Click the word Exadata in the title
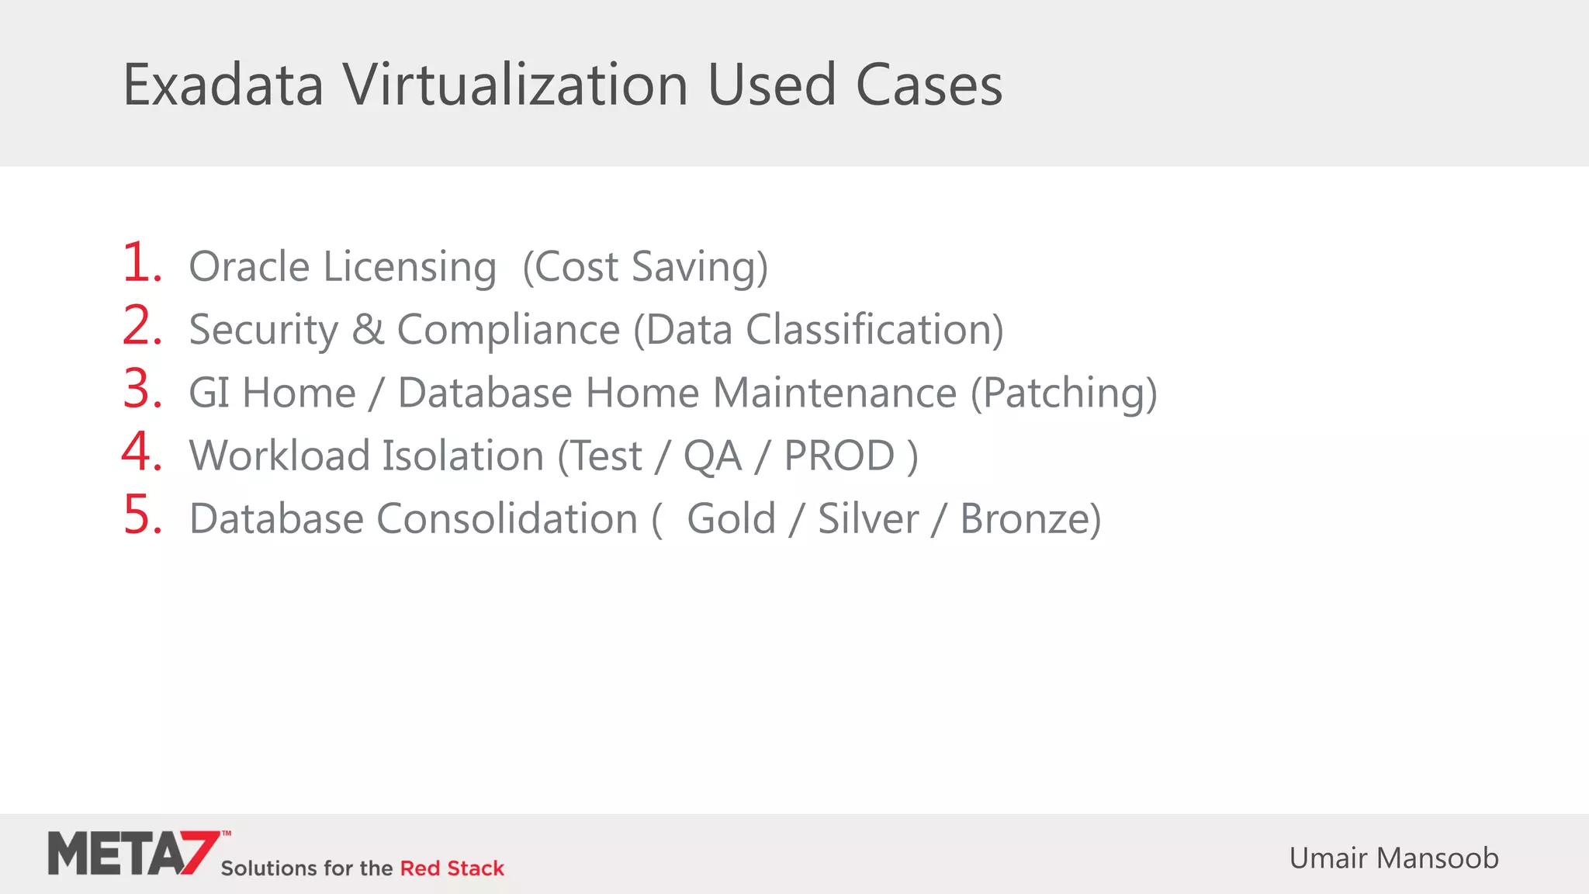[223, 85]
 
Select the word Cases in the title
[929, 85]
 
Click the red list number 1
[140, 263]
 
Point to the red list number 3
[142, 389]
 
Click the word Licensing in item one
[410, 268]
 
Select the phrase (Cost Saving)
[645, 268]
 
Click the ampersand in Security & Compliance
[368, 330]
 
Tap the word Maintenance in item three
[835, 393]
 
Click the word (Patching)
[1064, 393]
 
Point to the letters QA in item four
[712, 456]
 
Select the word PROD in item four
[840, 456]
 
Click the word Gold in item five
[731, 518]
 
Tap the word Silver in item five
[868, 518]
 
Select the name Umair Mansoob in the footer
[1393, 858]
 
